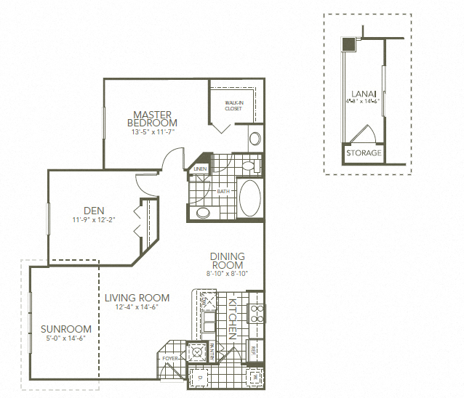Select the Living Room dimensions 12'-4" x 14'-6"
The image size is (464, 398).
136,307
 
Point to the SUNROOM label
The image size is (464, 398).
66,329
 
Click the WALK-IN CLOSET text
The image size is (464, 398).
233,106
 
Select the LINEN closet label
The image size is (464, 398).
201,169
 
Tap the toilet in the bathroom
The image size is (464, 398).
202,213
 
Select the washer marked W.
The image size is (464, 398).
255,377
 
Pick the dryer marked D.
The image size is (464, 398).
198,378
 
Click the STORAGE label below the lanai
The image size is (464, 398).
363,153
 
